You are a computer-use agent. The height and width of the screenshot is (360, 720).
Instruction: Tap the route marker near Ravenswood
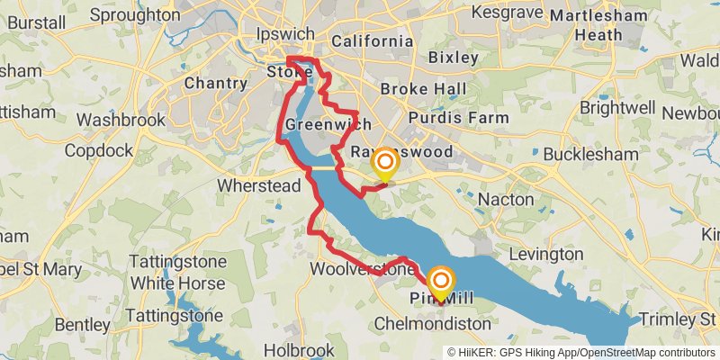[385, 163]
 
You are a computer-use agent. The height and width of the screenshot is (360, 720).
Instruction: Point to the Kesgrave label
[504, 15]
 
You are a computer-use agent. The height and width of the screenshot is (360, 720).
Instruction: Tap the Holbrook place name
[301, 349]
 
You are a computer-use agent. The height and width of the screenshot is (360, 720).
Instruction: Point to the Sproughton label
[135, 15]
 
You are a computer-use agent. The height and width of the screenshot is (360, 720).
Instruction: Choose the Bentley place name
[83, 323]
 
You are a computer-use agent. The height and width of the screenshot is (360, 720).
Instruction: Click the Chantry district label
[215, 84]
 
